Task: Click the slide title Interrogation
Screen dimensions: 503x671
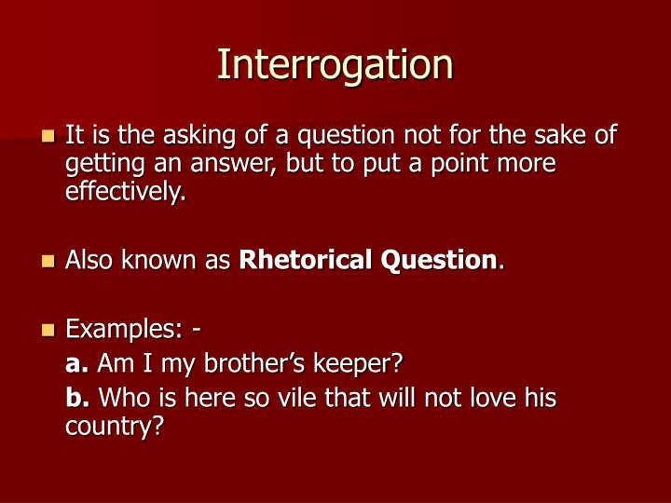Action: coord(335,64)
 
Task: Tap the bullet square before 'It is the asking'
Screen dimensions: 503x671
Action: coord(48,137)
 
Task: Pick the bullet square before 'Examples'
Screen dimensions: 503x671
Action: coord(48,330)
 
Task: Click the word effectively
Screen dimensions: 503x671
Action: coord(125,193)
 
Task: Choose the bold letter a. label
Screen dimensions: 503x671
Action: coord(77,362)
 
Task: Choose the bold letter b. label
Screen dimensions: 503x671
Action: coord(77,399)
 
